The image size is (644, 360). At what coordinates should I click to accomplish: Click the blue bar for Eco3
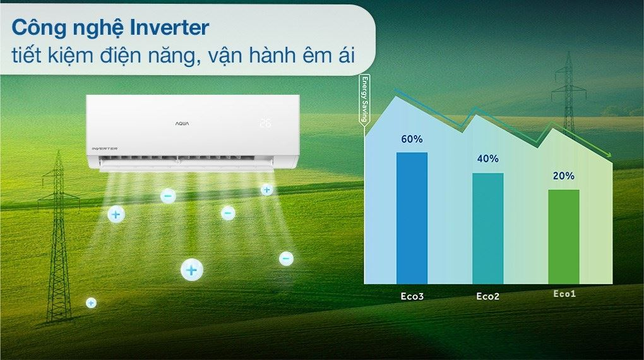412,218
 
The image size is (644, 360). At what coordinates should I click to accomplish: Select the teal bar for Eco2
487,228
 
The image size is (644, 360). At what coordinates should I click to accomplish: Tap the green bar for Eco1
563,236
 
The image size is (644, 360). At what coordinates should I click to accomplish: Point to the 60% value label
412,139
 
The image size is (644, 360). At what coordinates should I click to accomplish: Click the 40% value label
487,159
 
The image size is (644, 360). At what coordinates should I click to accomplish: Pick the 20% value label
563,176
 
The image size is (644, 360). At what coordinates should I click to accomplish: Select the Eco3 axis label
412,295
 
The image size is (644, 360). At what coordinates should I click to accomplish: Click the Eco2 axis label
487,296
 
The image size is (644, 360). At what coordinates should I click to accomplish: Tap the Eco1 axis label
564,294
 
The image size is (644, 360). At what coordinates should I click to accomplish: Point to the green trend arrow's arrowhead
607,157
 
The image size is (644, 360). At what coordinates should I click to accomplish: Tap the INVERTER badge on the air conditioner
101,148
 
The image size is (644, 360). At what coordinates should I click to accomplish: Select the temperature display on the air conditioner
265,123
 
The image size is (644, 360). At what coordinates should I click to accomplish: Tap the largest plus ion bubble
192,270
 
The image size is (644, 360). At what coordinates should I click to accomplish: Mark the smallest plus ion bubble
91,303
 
